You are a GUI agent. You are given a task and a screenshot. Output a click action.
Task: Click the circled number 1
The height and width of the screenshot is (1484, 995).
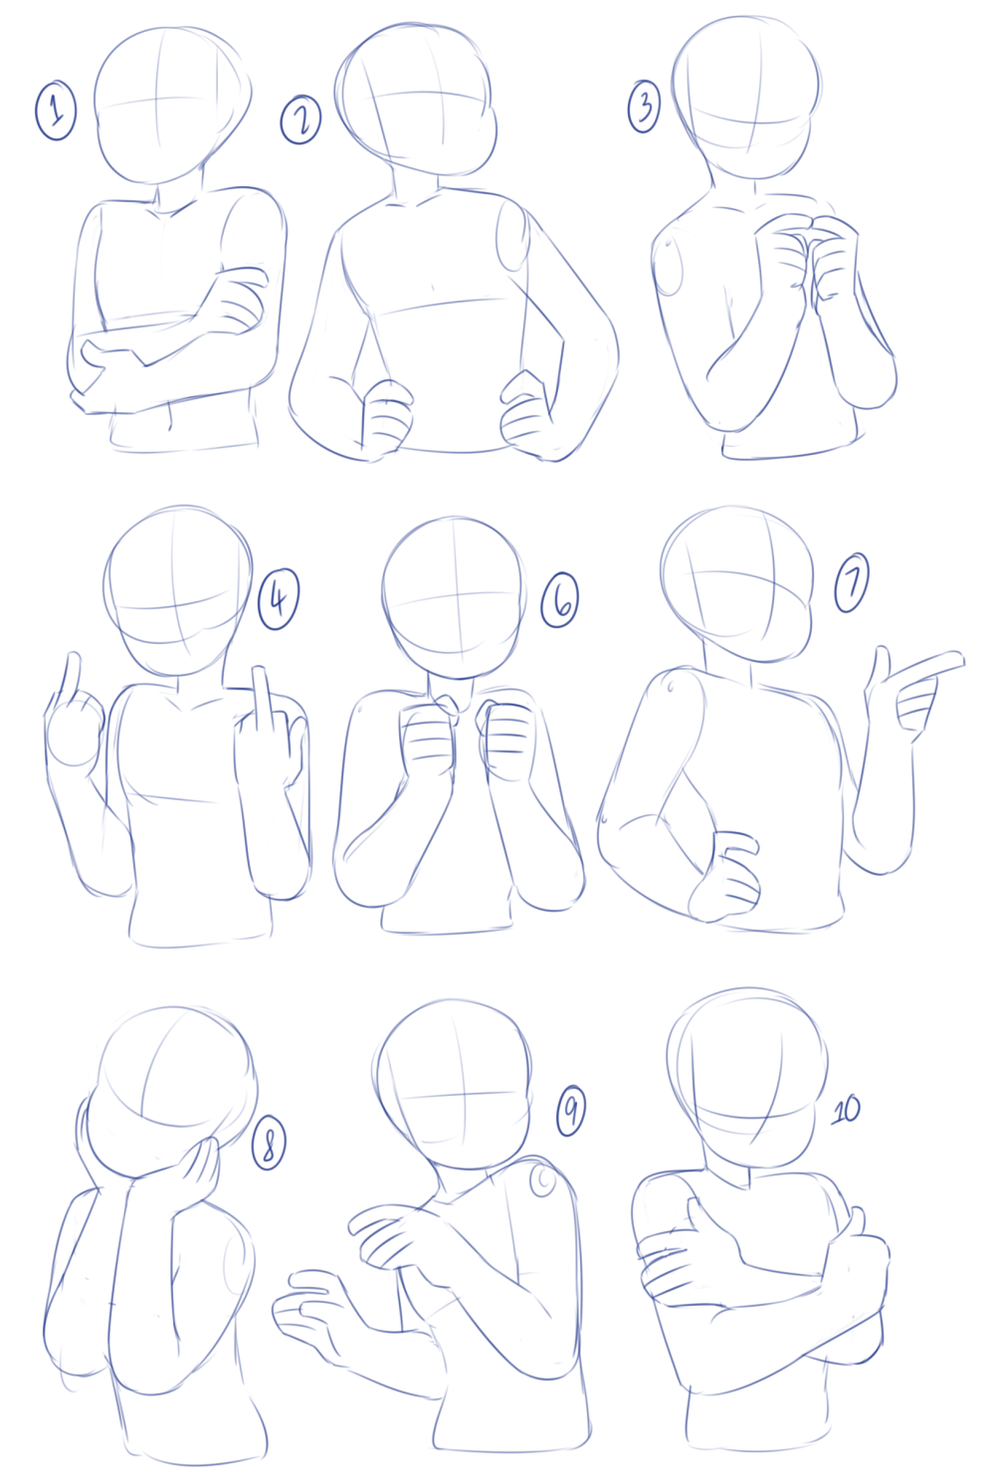(x=56, y=110)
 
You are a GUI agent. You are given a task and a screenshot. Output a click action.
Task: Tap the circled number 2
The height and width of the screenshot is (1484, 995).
(x=300, y=119)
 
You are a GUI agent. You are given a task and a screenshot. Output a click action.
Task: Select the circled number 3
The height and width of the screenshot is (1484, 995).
(x=644, y=106)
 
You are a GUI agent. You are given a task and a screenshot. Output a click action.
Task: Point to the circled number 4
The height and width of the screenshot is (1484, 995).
(x=279, y=599)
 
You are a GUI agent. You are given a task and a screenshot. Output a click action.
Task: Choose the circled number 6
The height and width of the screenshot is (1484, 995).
(x=560, y=599)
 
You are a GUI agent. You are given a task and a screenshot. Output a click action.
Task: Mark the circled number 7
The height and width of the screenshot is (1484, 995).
(x=852, y=583)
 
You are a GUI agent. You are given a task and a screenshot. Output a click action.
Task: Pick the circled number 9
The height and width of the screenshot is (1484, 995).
(x=570, y=1111)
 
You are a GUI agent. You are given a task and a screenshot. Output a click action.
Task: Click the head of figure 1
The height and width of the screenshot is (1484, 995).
(x=172, y=106)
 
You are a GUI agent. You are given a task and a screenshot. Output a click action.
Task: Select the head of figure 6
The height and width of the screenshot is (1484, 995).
(x=455, y=597)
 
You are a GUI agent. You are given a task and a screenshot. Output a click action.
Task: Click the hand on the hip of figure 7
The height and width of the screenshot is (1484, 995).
(x=724, y=875)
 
